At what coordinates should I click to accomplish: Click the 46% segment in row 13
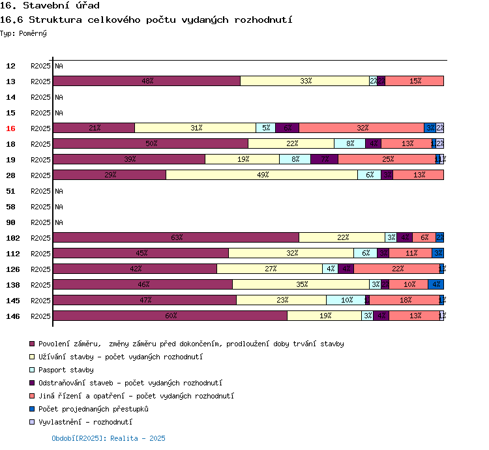pos(147,81)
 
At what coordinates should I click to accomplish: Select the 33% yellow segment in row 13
pos(304,81)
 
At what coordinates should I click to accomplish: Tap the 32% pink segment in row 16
pos(362,128)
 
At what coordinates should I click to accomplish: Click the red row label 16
pos(10,128)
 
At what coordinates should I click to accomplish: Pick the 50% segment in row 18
pos(151,143)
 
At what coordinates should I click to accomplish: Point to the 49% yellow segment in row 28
pos(262,175)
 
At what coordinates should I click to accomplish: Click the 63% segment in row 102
pos(176,237)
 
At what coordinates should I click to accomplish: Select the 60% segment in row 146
pos(170,316)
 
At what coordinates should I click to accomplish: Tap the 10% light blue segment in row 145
pos(346,300)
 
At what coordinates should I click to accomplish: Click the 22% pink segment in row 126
pos(396,269)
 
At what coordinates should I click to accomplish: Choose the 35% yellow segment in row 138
pos(301,284)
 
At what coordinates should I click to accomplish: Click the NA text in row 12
pos(59,66)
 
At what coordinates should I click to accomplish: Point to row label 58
pos(10,207)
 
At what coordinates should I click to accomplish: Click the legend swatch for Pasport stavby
pos(32,370)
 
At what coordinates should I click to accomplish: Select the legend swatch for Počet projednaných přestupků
pos(32,409)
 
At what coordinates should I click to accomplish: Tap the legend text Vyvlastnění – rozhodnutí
pos(85,422)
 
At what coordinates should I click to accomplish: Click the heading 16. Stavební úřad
pos(50,6)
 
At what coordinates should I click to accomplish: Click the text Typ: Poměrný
pos(23,33)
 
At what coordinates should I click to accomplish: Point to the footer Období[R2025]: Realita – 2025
pos(108,438)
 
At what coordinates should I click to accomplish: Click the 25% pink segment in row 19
pos(387,159)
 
